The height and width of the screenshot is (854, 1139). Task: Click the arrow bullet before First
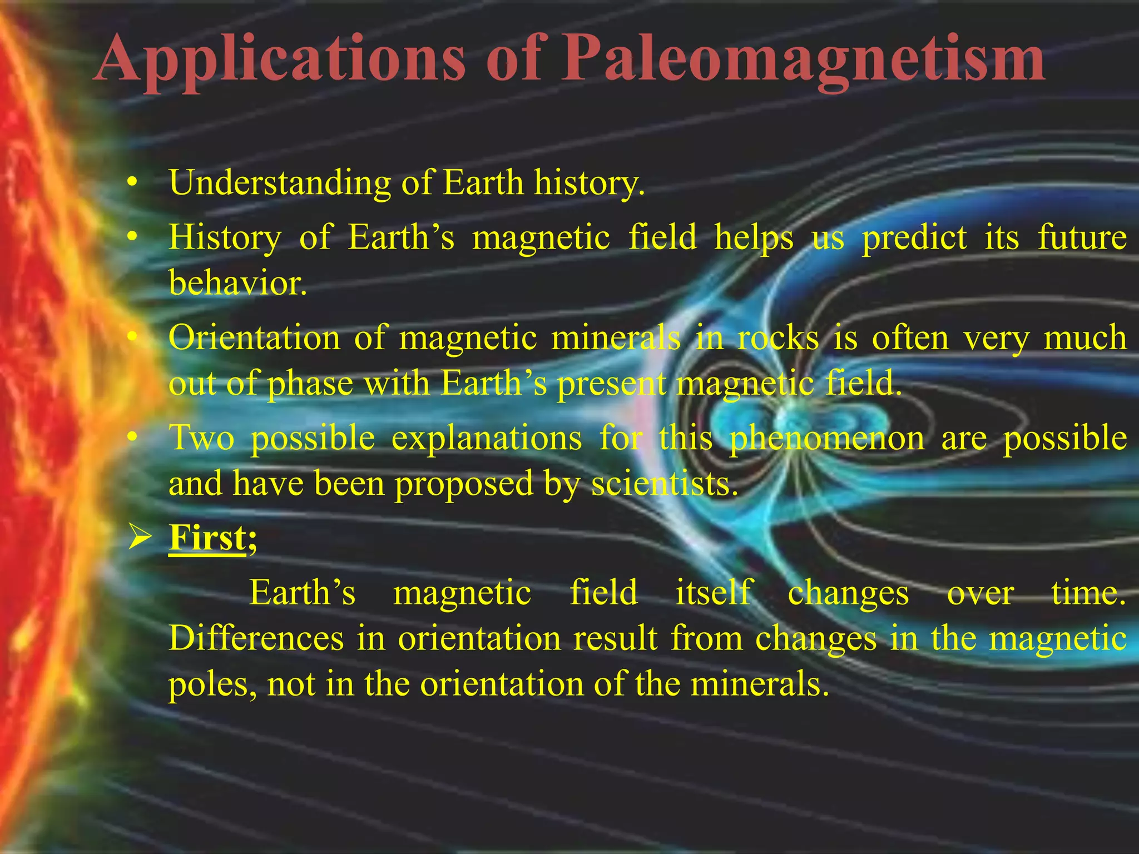[138, 538]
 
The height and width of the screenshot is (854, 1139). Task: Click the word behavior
[237, 282]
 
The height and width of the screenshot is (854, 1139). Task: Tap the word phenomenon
[826, 438]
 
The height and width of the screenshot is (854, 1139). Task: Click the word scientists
[664, 483]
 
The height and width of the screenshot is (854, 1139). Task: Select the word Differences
[256, 638]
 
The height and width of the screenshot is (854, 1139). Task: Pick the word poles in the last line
[212, 684]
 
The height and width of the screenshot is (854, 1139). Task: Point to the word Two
[201, 438]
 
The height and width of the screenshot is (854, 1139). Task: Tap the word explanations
[487, 438]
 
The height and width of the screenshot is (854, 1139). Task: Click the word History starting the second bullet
[225, 237]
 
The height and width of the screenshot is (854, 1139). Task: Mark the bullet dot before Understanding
[132, 182]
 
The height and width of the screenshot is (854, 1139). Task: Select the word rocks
[778, 337]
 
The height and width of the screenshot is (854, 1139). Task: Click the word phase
[310, 384]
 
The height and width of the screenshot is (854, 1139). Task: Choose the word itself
[714, 592]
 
